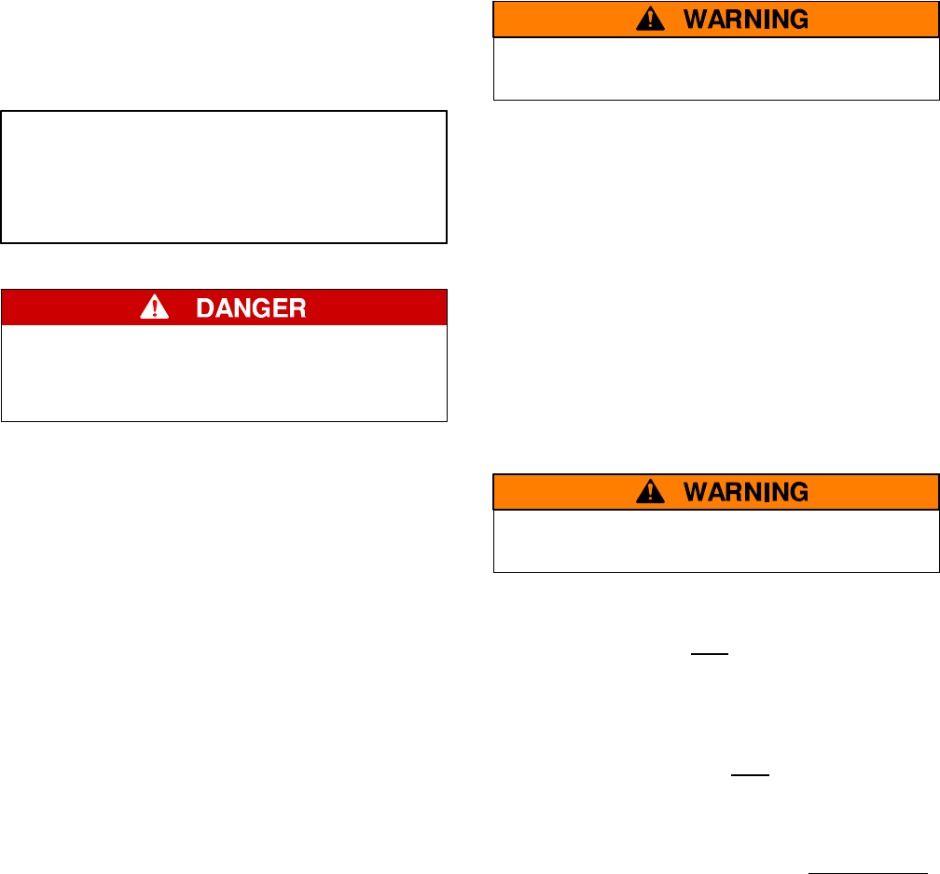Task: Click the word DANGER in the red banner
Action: [250, 308]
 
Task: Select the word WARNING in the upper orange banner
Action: [747, 19]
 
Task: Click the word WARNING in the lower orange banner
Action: [747, 492]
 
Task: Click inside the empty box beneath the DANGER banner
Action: [225, 373]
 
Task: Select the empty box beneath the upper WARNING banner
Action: [715, 68]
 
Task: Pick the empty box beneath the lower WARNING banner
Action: [715, 540]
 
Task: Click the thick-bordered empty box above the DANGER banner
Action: [225, 177]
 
